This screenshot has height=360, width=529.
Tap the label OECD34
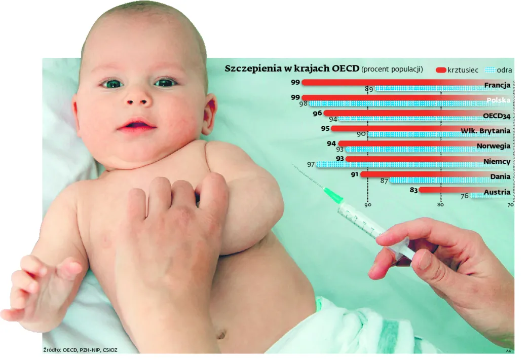(496, 116)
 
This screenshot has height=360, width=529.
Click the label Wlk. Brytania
(485, 131)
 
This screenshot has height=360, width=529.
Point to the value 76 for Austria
(464, 196)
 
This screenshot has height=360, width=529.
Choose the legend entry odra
(503, 69)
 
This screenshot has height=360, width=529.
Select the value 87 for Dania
(384, 181)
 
